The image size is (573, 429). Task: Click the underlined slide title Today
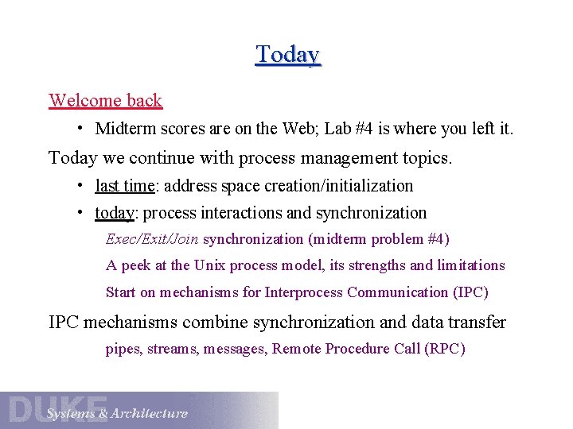click(287, 55)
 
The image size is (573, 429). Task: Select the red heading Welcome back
click(105, 101)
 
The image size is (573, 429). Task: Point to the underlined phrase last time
click(124, 186)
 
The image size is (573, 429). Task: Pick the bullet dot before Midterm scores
click(81, 128)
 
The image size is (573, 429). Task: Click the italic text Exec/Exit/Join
click(152, 239)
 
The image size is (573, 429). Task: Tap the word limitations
click(469, 265)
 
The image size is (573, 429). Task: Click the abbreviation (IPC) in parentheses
click(470, 292)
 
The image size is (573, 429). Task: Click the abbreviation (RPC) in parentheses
click(445, 349)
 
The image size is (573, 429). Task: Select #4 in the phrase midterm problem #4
click(437, 239)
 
